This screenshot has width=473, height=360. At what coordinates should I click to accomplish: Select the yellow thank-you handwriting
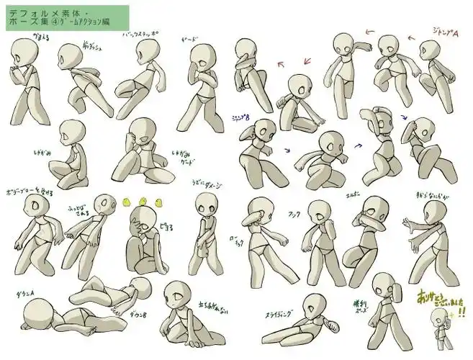[438, 300]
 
